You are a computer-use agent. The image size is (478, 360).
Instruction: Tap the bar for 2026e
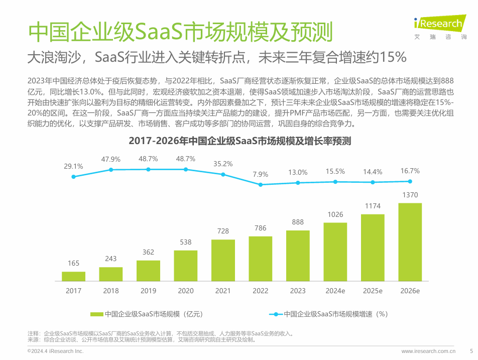click(410, 242)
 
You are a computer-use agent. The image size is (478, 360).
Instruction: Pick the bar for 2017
click(73, 276)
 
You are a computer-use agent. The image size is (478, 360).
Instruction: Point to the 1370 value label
click(410, 195)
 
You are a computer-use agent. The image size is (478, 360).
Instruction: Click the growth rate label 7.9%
click(261, 174)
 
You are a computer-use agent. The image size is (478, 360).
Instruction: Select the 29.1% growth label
click(73, 166)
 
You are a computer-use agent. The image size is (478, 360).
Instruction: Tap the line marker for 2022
click(261, 185)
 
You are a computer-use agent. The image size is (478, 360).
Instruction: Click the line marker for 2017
click(73, 176)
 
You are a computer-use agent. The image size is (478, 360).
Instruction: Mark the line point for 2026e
click(410, 181)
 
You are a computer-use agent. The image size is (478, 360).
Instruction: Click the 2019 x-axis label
click(148, 291)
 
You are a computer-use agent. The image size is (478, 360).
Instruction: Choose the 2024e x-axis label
click(335, 291)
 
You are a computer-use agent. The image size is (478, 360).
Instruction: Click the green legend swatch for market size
click(96, 314)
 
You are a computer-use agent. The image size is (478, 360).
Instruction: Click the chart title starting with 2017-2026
click(239, 141)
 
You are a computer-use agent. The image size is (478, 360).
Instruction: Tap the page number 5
click(471, 351)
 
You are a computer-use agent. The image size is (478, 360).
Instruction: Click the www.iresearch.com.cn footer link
click(428, 351)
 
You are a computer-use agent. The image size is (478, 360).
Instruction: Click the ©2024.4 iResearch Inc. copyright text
click(55, 351)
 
